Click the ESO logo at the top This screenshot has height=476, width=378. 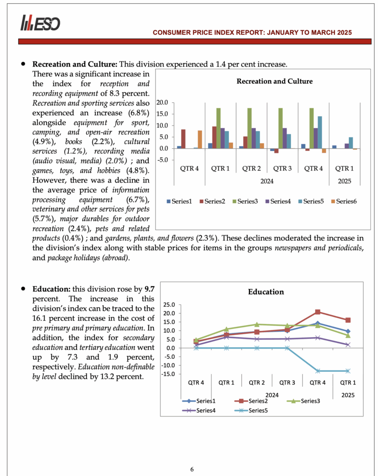coord(40,23)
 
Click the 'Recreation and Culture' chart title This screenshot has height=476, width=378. coord(274,81)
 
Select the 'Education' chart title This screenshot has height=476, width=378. coord(265,292)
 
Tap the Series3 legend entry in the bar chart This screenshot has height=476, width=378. coord(247,201)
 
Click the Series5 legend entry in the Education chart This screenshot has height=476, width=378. coord(256,410)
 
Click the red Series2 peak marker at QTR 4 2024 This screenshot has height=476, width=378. coord(318,312)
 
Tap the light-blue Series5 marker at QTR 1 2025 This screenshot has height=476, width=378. coord(347,371)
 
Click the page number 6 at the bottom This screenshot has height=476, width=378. coord(192,469)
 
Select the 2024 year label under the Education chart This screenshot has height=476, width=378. coord(272,395)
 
